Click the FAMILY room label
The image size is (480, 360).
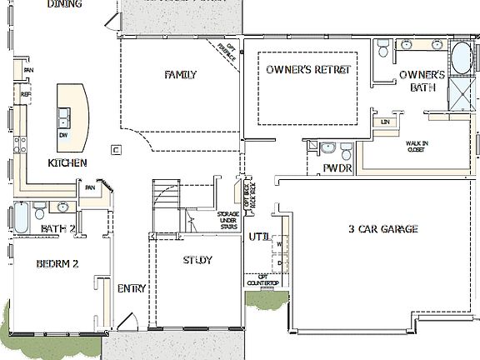180,75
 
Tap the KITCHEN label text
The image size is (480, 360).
67,162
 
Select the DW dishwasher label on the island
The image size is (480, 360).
63,134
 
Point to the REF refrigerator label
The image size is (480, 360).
26,95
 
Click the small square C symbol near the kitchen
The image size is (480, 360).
117,150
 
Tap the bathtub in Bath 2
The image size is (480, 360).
22,217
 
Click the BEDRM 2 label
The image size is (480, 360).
57,264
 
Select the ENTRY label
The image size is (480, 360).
132,289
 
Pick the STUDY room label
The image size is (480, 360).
197,261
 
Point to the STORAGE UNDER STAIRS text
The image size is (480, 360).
227,221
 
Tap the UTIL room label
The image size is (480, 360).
258,237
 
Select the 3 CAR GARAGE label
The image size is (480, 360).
382,229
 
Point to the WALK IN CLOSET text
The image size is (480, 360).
417,147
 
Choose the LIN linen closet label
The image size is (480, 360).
385,122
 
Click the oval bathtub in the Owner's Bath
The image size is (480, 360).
460,60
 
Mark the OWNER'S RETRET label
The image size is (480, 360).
308,70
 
